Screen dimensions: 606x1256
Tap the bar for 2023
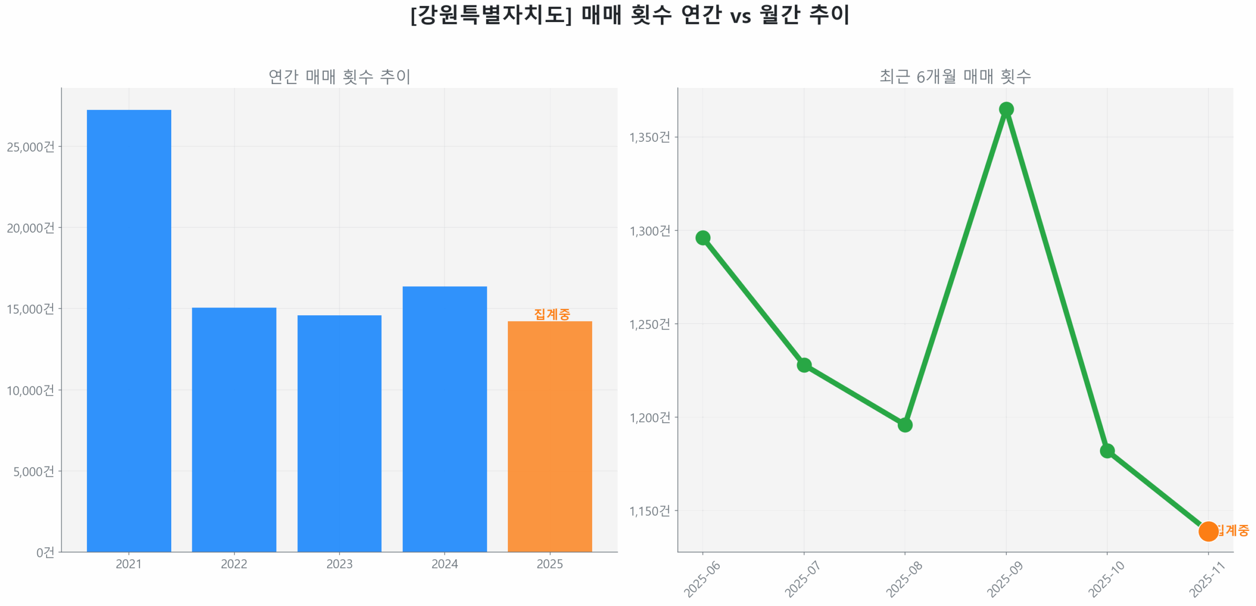(x=339, y=432)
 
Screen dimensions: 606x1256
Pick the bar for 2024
(x=444, y=418)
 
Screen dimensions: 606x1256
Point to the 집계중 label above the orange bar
(x=551, y=313)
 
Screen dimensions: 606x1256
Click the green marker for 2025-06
(x=702, y=238)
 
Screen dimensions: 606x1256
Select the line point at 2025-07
(x=803, y=364)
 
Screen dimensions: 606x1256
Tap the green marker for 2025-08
(x=904, y=424)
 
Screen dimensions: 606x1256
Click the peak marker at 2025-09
(x=1005, y=109)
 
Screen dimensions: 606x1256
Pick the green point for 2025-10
(x=1106, y=450)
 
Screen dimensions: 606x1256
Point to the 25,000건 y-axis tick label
(x=30, y=146)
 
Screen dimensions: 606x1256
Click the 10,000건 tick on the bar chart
(x=30, y=390)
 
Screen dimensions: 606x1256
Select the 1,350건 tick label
(x=649, y=137)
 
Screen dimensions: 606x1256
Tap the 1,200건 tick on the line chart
(x=649, y=417)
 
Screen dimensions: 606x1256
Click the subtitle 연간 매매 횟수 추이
(x=339, y=76)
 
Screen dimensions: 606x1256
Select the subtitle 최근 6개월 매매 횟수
(x=954, y=76)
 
